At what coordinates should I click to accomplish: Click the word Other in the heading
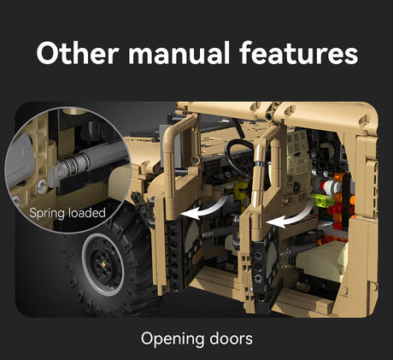[77, 53]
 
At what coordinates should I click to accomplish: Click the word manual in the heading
[179, 53]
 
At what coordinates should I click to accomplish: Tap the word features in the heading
[298, 53]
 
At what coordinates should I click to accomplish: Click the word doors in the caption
[231, 339]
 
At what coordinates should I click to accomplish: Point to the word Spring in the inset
[47, 214]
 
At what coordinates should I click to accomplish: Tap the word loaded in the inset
[87, 213]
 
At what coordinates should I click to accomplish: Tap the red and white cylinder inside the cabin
[331, 186]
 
